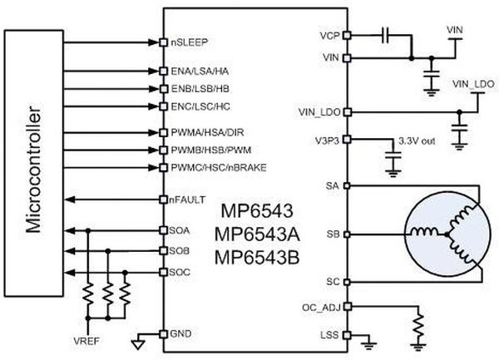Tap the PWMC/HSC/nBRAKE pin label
coord(211,167)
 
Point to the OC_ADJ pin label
coord(321,306)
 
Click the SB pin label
coord(333,234)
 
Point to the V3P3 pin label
coord(326,139)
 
